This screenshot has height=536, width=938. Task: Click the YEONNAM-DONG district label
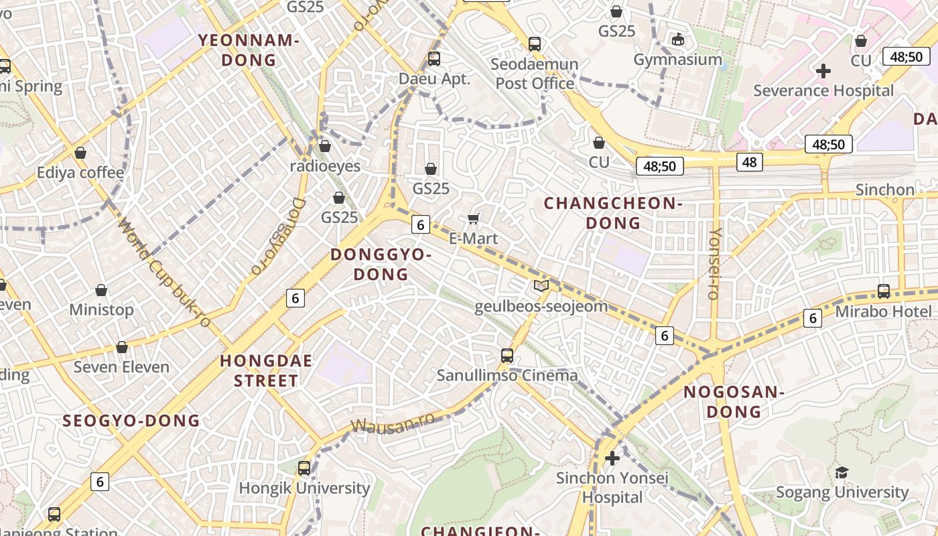[x=248, y=50]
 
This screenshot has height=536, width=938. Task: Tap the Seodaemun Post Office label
[x=534, y=74]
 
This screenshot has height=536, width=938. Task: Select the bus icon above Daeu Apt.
[x=434, y=58]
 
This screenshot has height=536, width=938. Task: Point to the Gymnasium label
[x=678, y=60]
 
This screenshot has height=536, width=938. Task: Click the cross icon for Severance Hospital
[x=823, y=70]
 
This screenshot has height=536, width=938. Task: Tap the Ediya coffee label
[x=80, y=172]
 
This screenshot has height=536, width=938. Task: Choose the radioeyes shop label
[x=325, y=165]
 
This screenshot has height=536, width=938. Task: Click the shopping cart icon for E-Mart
[x=474, y=218]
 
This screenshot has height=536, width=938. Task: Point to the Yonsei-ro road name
[x=714, y=263]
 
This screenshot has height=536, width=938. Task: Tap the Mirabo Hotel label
[x=883, y=312]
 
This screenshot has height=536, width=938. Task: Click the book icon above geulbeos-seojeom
[x=541, y=286]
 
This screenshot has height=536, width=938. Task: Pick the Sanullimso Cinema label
[x=507, y=375]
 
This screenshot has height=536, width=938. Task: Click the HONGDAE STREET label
[x=266, y=371]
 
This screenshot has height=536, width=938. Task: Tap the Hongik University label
[x=304, y=488]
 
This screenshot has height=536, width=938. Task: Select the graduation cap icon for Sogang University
[x=842, y=473]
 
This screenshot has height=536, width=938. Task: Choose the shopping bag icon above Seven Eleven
[x=122, y=347]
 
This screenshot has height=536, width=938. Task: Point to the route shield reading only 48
[x=749, y=161]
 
